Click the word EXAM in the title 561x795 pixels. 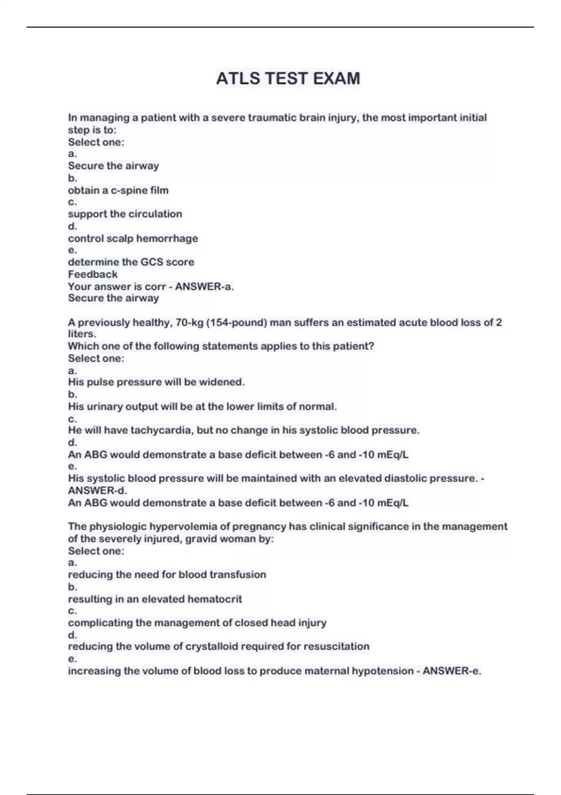click(336, 79)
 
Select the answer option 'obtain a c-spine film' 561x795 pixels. click(118, 190)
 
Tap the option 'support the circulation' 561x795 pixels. click(125, 214)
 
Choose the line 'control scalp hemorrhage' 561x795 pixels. click(133, 238)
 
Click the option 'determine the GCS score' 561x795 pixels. click(131, 262)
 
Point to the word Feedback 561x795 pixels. click(93, 275)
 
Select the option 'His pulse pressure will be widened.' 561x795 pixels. click(156, 383)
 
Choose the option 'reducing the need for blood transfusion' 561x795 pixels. click(167, 575)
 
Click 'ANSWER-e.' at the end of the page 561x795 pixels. click(452, 671)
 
